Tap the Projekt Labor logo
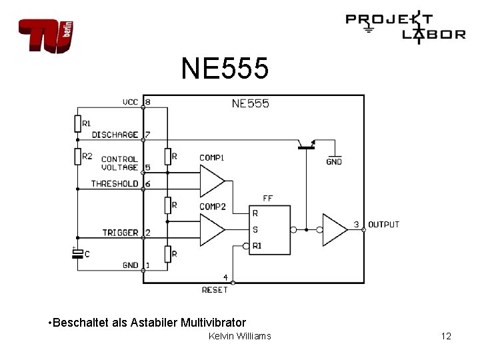405,28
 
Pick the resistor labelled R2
77,156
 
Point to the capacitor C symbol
77,253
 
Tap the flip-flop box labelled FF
270,229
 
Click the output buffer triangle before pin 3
334,229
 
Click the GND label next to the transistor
334,161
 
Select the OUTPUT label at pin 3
383,225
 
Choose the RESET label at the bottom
215,290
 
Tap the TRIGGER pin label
120,233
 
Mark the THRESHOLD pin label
115,183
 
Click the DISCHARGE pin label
115,135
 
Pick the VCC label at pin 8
130,102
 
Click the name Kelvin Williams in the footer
240,336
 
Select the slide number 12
446,336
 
